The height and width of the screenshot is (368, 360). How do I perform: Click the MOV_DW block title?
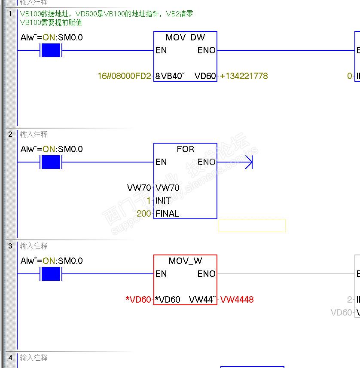(185, 37)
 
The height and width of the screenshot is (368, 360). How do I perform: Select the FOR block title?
(185, 149)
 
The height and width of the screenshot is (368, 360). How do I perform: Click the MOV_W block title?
(185, 261)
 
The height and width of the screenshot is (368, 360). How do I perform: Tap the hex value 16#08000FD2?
(125, 76)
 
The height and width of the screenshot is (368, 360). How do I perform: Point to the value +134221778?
(244, 76)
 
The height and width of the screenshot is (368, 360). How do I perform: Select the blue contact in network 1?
(51, 50)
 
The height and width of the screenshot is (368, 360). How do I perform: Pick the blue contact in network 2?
(51, 162)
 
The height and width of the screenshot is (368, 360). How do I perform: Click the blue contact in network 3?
(51, 274)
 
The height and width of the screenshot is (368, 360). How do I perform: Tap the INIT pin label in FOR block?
(163, 201)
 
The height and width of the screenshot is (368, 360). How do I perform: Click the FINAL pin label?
(167, 214)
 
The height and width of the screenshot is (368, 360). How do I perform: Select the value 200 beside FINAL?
(144, 214)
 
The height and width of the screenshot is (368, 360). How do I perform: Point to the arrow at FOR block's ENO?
(247, 162)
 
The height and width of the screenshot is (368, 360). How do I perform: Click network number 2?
(10, 134)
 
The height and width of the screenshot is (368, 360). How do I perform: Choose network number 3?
(10, 246)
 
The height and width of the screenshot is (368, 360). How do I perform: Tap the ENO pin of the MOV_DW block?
(206, 50)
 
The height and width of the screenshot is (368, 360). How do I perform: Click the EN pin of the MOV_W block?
(161, 274)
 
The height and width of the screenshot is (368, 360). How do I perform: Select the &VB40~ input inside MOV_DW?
(170, 76)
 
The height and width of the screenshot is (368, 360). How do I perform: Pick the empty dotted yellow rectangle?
(252, 226)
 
